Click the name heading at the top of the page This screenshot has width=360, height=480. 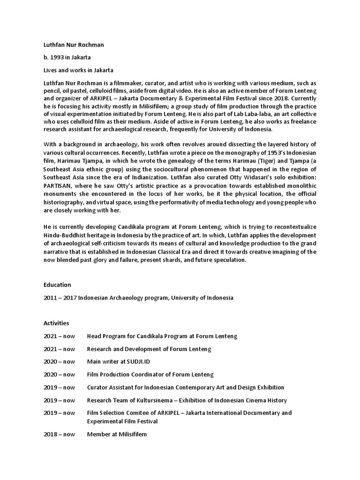[74, 45]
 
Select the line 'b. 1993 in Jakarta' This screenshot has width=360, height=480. [67, 58]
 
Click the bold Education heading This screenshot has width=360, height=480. [57, 285]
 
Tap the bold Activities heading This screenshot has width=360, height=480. [56, 323]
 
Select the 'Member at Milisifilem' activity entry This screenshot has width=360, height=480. [117, 434]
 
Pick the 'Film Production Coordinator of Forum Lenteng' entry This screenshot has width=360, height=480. [150, 375]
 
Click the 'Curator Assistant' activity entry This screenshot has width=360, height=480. [186, 387]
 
